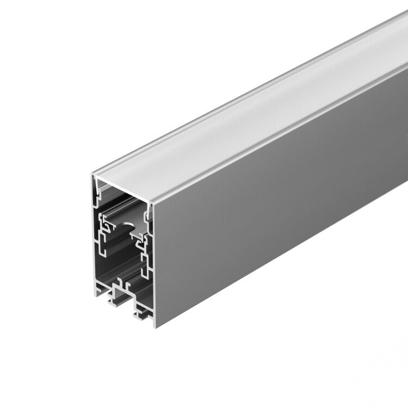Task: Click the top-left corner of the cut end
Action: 92,175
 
